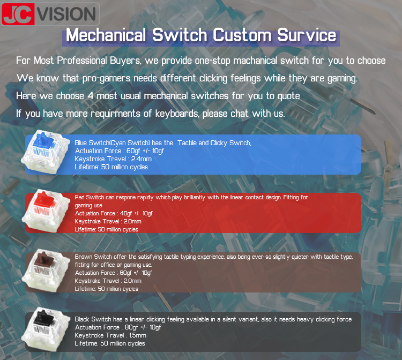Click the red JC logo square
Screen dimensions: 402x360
tap(18, 14)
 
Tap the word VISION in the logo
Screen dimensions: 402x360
tap(67, 14)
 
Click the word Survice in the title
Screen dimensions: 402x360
tap(307, 35)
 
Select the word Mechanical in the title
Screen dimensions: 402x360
tap(106, 35)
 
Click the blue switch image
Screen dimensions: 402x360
tap(46, 152)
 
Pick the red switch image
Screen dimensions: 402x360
tap(46, 211)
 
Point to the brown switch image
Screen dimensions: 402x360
tap(46, 271)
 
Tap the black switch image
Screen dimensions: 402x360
tap(46, 329)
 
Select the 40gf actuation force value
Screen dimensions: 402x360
tap(126, 213)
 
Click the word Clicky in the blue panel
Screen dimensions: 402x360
tap(219, 142)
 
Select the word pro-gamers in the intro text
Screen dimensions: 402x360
tap(107, 78)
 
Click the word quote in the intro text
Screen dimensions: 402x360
tap(289, 96)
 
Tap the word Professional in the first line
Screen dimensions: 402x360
tap(82, 61)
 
